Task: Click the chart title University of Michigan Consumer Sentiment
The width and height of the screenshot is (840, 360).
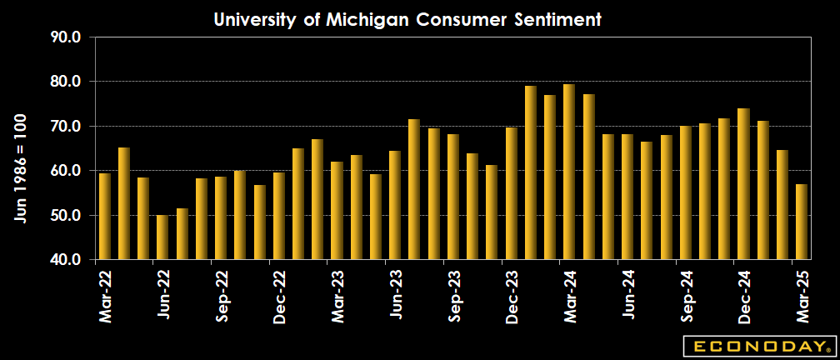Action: coord(407,19)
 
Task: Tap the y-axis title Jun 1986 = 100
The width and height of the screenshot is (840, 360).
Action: coord(20,167)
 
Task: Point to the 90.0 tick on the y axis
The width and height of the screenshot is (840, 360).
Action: coord(65,37)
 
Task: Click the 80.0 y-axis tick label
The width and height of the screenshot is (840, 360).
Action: coord(65,82)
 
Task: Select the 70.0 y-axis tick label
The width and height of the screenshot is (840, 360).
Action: coord(65,126)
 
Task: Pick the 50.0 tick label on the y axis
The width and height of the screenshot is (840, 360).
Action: coord(65,215)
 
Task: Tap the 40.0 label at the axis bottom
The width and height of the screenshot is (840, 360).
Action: coord(65,260)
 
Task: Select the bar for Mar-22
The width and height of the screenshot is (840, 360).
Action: coord(105,217)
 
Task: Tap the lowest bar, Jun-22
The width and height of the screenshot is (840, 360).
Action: coord(163,237)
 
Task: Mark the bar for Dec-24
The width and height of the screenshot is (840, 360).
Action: coord(743,184)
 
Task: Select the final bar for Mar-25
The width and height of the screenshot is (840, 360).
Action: coord(802,222)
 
